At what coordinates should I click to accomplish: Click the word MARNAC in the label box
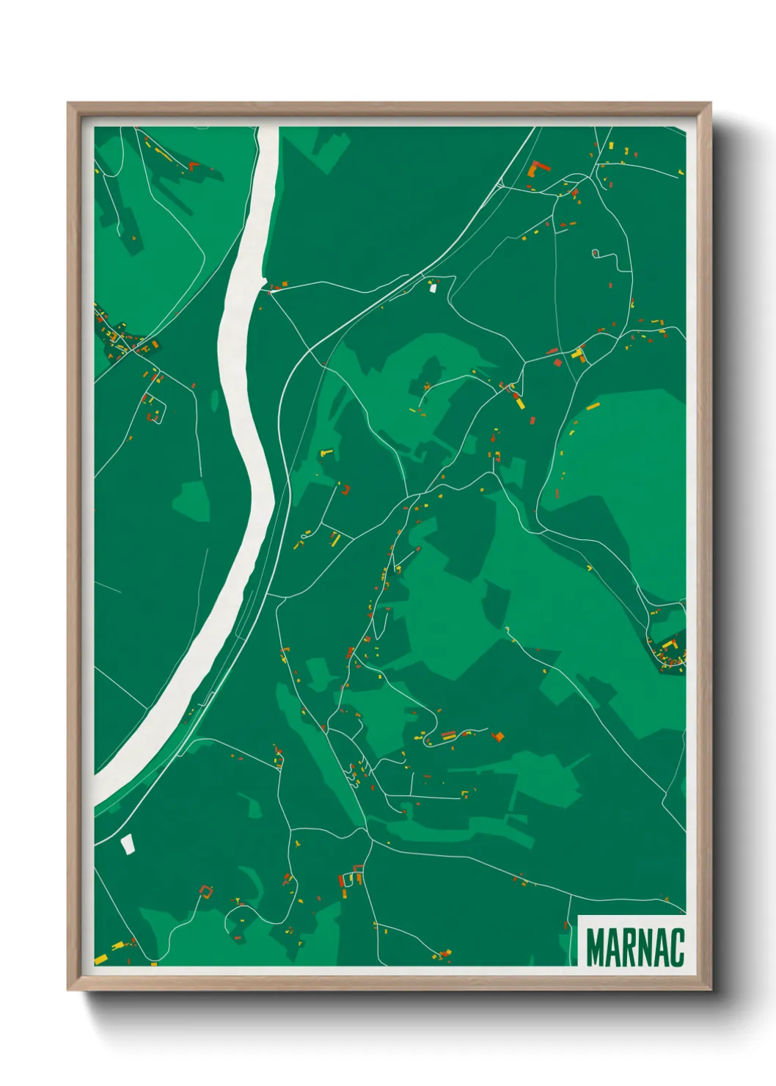[x=635, y=947]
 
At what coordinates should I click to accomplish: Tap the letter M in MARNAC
[x=596, y=947]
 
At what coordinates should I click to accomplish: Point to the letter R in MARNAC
[x=627, y=947]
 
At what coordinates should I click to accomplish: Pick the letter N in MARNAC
[x=643, y=947]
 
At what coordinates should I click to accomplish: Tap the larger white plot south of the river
[x=128, y=844]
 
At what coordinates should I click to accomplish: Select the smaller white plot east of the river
[x=433, y=288]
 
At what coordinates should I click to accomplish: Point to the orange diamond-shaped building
[x=499, y=736]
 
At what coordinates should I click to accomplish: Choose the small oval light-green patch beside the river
[x=215, y=400]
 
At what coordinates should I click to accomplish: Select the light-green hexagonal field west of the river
[x=191, y=500]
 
